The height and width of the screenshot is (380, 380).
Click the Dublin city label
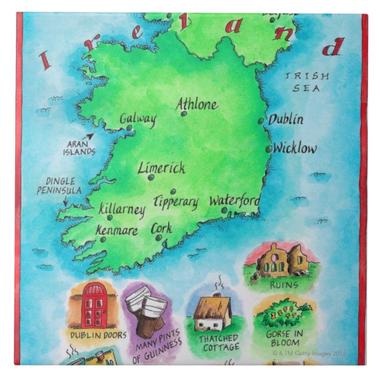[287, 120]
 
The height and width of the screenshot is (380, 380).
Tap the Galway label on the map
[138, 119]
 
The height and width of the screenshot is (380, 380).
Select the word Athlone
[197, 104]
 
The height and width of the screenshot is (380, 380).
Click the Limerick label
[161, 168]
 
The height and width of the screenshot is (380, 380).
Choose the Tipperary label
[176, 202]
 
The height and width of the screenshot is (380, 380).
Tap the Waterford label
[235, 201]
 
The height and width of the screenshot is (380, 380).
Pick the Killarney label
[122, 209]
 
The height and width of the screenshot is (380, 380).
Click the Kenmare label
[118, 230]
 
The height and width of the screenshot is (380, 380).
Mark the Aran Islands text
[79, 148]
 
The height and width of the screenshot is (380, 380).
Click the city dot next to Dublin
[261, 121]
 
